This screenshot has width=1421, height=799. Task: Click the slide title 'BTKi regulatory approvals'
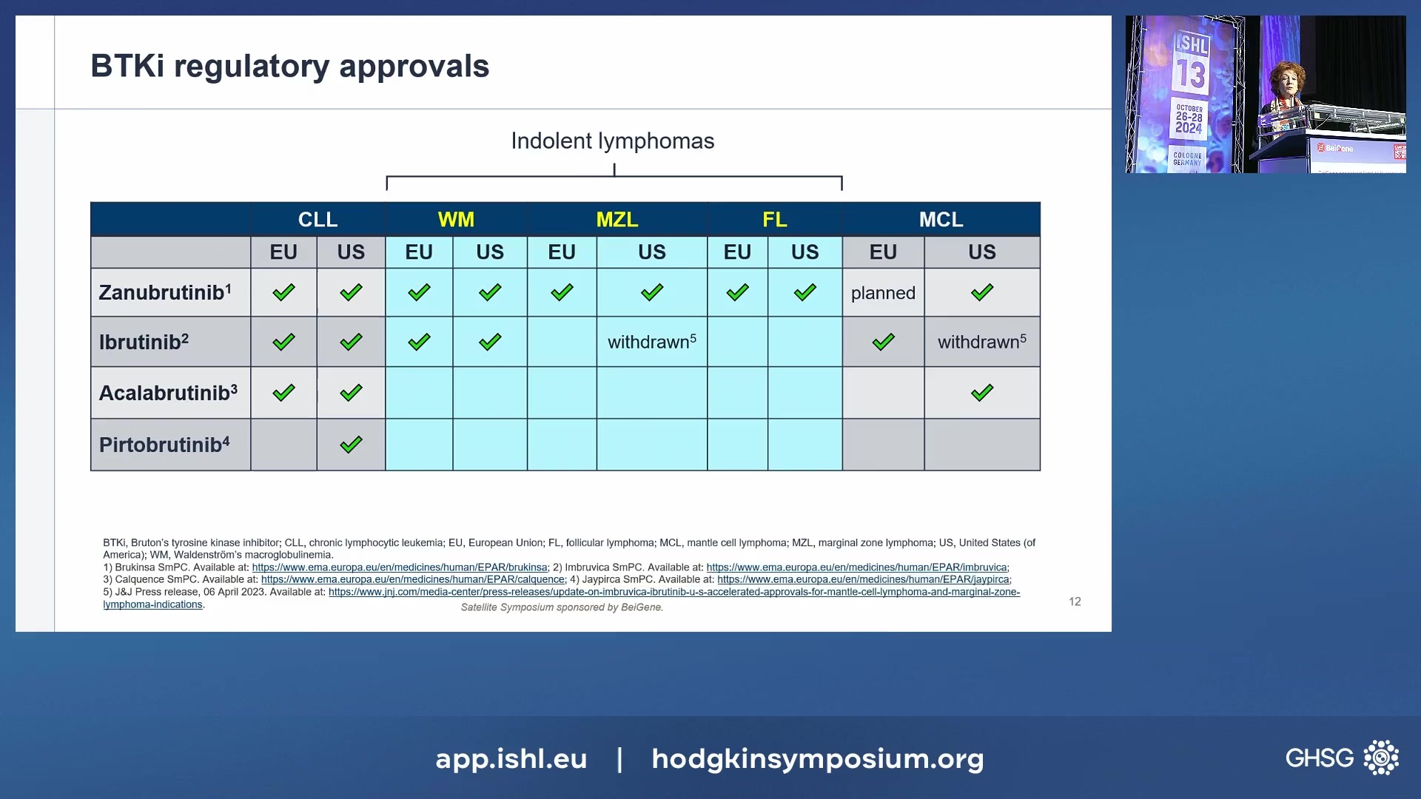tap(289, 67)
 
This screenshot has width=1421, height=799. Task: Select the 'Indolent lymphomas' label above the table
tap(613, 141)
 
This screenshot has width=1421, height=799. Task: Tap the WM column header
tap(456, 220)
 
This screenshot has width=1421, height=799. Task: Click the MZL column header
tap(617, 220)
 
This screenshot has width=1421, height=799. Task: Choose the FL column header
tap(775, 220)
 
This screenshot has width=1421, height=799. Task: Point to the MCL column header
tap(941, 220)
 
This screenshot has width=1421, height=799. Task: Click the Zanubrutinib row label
tap(165, 292)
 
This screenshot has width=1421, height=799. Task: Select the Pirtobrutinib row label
tap(164, 445)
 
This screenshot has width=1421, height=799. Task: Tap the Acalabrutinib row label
tap(168, 392)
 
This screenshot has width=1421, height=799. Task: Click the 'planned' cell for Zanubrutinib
tap(883, 294)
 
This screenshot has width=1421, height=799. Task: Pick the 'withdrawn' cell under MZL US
tap(652, 342)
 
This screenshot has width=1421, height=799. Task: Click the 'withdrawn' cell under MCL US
tap(982, 342)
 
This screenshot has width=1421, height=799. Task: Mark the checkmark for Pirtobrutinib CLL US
tap(351, 445)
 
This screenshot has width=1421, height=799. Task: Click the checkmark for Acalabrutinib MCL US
tap(982, 393)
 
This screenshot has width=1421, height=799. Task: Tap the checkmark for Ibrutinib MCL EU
tap(883, 342)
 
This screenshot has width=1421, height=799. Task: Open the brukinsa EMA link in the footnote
tap(400, 567)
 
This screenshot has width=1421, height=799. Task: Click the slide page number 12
tap(1075, 601)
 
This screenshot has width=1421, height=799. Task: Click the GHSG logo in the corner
tap(1342, 758)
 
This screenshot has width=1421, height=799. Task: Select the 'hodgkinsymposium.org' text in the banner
tap(818, 759)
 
